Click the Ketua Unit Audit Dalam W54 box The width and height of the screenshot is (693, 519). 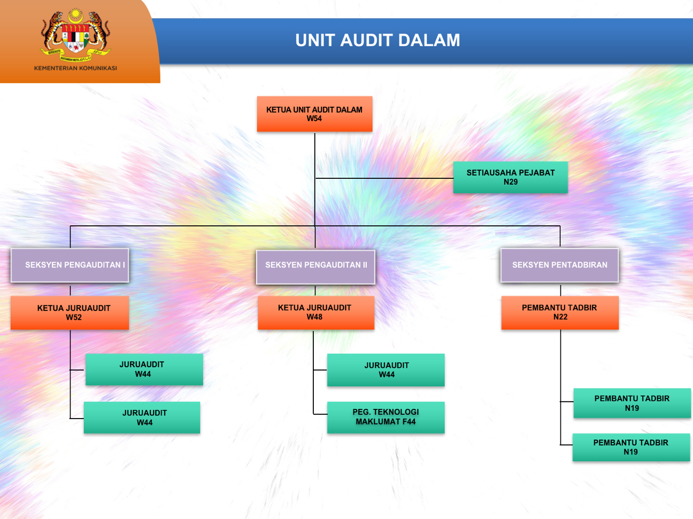pyautogui.click(x=314, y=114)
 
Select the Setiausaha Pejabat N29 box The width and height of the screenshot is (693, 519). pyautogui.click(x=511, y=177)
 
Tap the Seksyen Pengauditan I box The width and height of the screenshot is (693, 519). pyautogui.click(x=70, y=265)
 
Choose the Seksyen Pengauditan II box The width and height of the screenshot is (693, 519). pyautogui.click(x=315, y=267)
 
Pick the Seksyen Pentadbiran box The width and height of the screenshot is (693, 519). pyautogui.click(x=559, y=265)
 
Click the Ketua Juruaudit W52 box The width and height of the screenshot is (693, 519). pyautogui.click(x=70, y=312)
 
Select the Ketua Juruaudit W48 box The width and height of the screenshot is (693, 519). pyautogui.click(x=316, y=312)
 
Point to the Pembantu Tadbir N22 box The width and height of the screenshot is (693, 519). pyautogui.click(x=560, y=312)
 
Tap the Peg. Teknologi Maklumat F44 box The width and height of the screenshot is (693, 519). pyautogui.click(x=386, y=417)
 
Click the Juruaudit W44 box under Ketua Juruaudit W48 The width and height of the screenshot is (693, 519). pyautogui.click(x=386, y=370)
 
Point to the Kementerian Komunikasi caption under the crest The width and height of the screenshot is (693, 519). pyautogui.click(x=75, y=68)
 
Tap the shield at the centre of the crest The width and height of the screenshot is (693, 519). pyautogui.click(x=75, y=38)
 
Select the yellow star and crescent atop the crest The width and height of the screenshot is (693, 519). pyautogui.click(x=75, y=16)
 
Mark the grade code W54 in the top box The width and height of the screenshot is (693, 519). pyautogui.click(x=314, y=119)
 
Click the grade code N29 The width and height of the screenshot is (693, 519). pyautogui.click(x=511, y=182)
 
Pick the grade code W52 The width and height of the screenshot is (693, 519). pyautogui.click(x=74, y=317)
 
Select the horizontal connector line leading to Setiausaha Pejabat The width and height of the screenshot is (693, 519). pyautogui.click(x=384, y=178)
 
